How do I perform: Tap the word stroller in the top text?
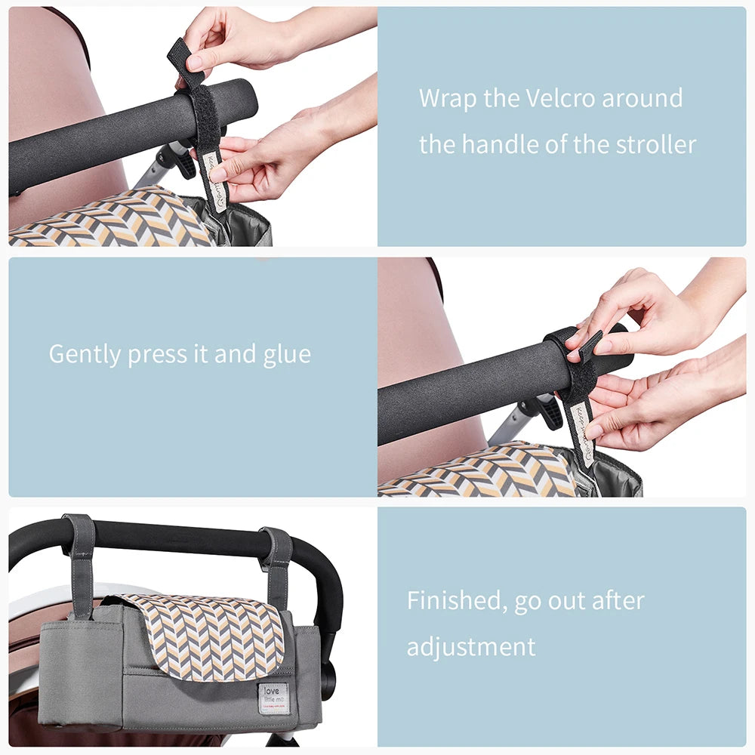pyautogui.click(x=652, y=143)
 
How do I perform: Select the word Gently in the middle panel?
pyautogui.click(x=85, y=354)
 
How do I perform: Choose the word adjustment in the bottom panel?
pyautogui.click(x=471, y=647)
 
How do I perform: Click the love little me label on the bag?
pyautogui.click(x=273, y=698)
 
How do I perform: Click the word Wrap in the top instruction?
pyautogui.click(x=445, y=98)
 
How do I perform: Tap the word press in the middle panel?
pyautogui.click(x=156, y=355)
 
